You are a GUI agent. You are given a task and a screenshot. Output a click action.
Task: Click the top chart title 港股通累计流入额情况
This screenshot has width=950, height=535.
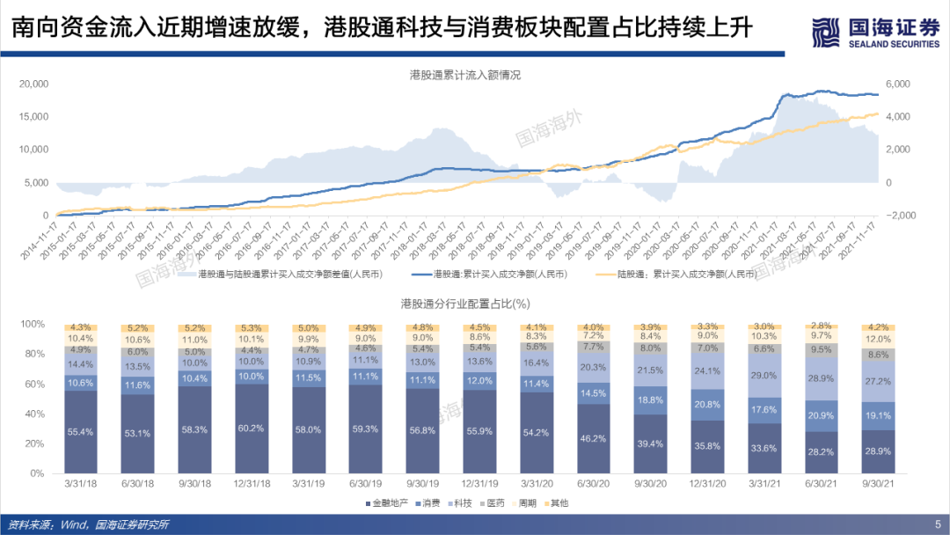tap(459, 76)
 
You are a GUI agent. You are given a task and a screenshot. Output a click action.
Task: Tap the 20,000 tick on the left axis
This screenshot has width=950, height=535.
tap(33, 84)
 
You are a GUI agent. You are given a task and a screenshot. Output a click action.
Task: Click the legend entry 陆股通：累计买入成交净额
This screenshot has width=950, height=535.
tap(685, 275)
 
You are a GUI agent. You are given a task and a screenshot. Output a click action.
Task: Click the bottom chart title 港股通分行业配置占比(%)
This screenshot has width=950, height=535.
tap(464, 304)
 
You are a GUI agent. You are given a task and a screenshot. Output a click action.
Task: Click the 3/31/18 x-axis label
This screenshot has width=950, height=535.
tap(81, 485)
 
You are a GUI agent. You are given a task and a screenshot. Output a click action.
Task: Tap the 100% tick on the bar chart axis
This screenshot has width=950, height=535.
tap(32, 324)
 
